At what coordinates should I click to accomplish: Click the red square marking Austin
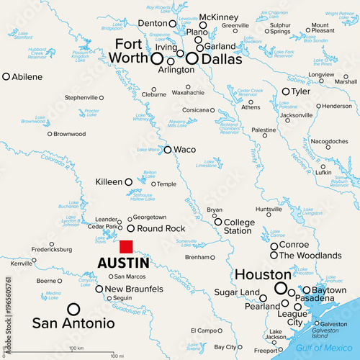tap(126, 246)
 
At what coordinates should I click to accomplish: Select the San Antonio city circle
tap(73, 310)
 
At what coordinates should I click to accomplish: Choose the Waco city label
tap(185, 150)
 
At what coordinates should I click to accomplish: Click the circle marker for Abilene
tap(6, 76)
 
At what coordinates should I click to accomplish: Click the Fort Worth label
tap(132, 51)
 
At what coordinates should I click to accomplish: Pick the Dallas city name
tap(219, 59)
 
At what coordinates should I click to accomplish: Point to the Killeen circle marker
tap(129, 182)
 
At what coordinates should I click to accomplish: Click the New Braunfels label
tap(135, 289)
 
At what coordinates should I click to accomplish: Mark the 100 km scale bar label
tap(77, 348)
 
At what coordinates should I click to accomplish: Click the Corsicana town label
tap(194, 109)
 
